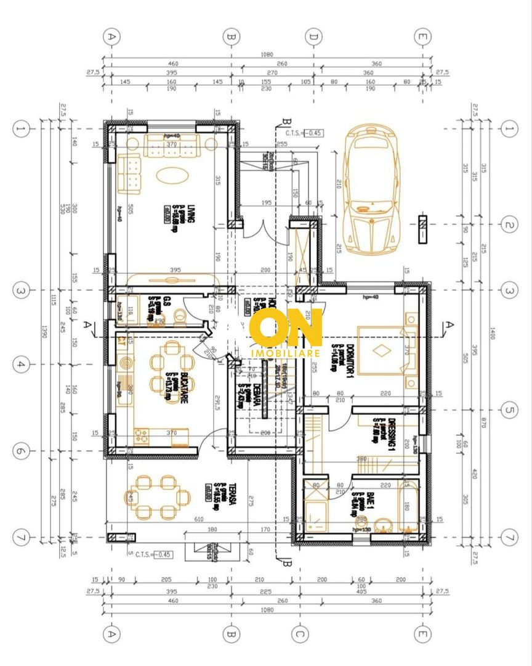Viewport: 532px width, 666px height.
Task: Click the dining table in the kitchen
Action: coord(167,369)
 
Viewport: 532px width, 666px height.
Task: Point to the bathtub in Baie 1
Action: coord(406,506)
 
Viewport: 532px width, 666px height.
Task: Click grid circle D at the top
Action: coord(314,37)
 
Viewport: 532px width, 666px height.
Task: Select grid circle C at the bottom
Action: coord(299,633)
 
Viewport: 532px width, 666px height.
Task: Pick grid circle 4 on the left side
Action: coord(20,364)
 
